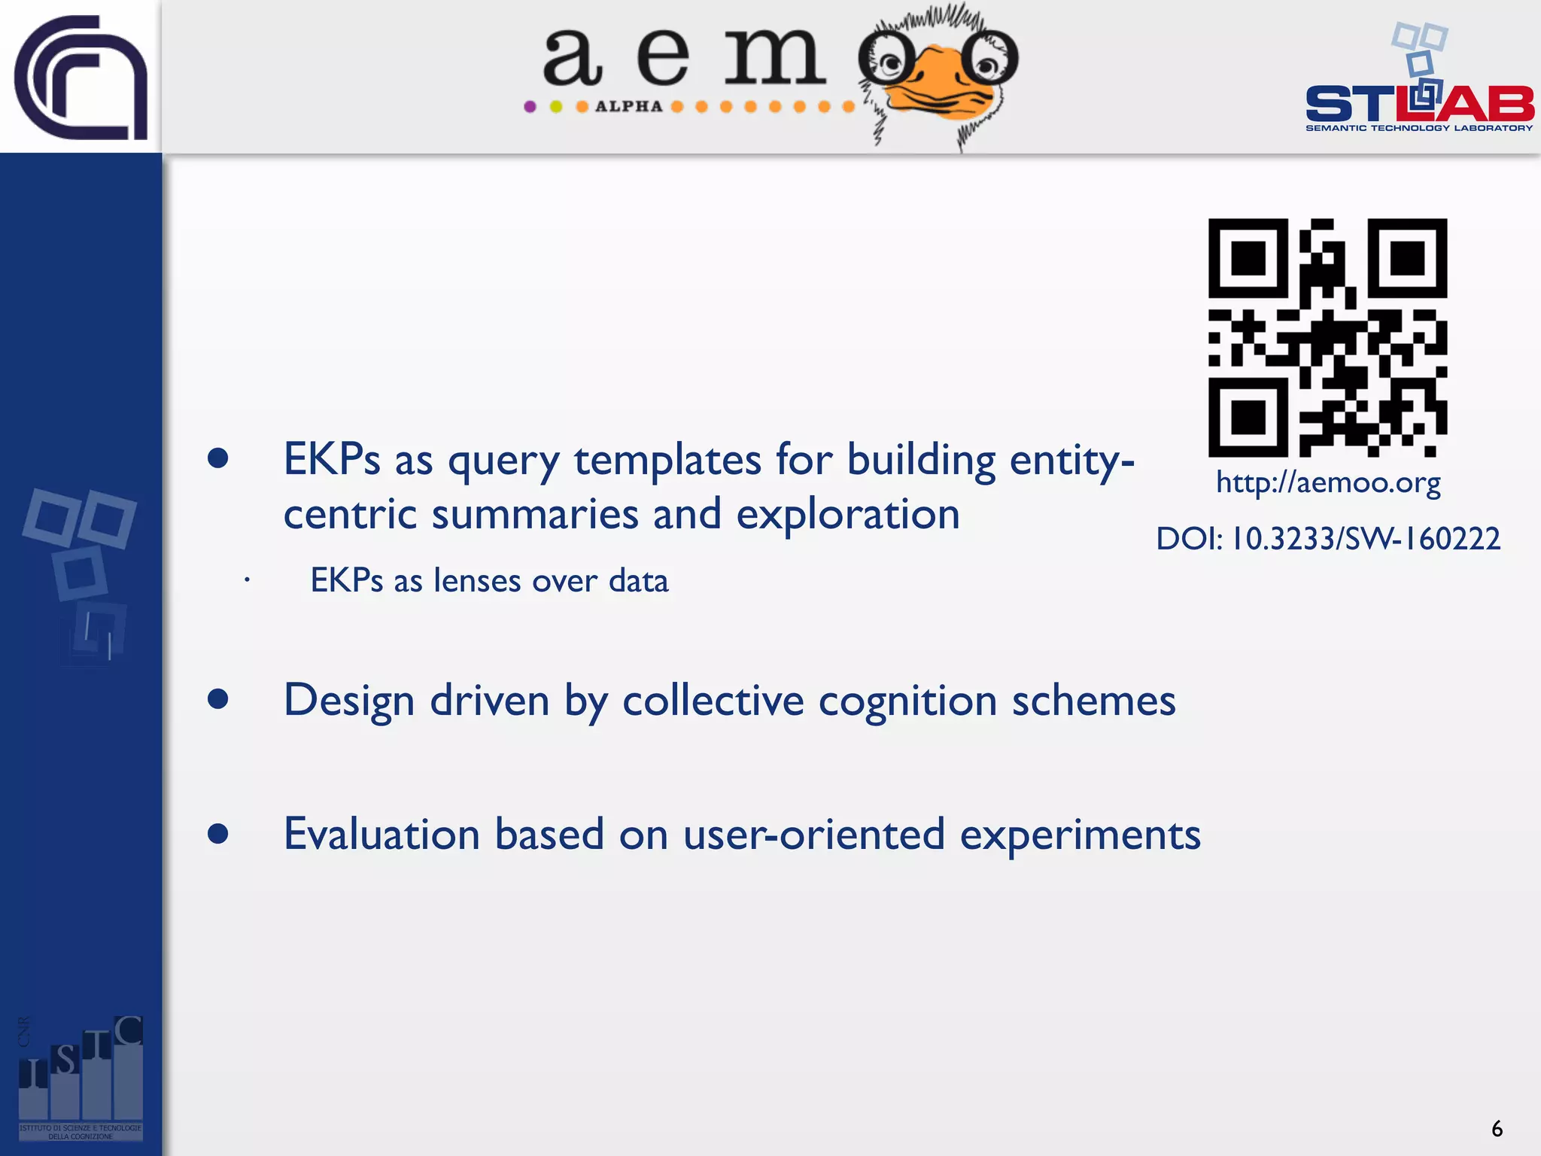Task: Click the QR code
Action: click(1327, 337)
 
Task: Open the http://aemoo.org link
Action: click(1328, 482)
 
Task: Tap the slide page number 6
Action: click(1497, 1129)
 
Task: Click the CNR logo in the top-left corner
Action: click(81, 77)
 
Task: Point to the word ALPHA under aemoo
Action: click(628, 107)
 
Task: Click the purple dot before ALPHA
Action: click(530, 107)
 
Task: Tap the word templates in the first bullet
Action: click(667, 459)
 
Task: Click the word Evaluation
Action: click(381, 835)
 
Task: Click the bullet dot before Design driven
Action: click(218, 699)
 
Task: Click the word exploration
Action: click(847, 515)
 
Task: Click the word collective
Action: click(713, 701)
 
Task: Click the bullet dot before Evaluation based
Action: click(218, 833)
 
